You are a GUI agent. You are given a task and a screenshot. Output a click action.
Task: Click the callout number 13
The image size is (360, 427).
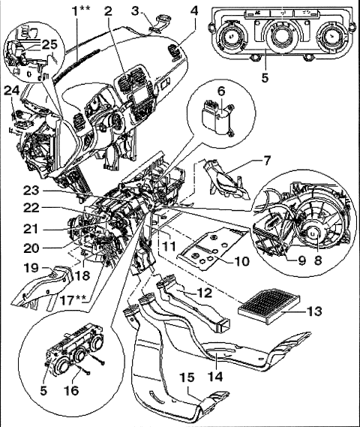(x=314, y=311)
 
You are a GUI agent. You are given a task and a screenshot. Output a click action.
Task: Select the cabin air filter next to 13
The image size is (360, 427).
(x=268, y=308)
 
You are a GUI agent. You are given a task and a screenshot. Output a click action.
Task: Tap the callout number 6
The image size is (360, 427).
(x=221, y=92)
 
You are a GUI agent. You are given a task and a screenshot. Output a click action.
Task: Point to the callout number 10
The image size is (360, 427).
(x=241, y=261)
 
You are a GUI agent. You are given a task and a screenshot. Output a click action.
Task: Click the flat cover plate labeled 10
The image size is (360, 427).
(x=213, y=248)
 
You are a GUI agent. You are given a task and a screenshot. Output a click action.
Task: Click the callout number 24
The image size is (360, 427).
(x=11, y=91)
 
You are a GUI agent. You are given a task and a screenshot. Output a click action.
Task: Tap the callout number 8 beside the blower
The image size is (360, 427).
(x=317, y=260)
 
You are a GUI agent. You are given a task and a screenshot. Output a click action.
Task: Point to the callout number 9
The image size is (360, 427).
(x=301, y=260)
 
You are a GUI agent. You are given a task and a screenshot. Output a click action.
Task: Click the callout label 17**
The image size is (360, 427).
(x=73, y=301)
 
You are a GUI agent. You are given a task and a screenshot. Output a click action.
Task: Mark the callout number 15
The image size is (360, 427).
(x=187, y=378)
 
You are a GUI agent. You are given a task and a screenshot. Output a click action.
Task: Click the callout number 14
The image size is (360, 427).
(x=215, y=377)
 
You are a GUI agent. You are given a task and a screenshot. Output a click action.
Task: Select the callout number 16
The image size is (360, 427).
(x=71, y=390)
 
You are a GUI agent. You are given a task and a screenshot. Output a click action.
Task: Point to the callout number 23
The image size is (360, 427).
(x=31, y=191)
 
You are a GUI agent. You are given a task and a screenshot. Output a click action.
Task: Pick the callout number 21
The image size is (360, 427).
(x=31, y=229)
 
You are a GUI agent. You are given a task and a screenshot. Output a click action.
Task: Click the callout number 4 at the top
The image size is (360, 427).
(x=194, y=11)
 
